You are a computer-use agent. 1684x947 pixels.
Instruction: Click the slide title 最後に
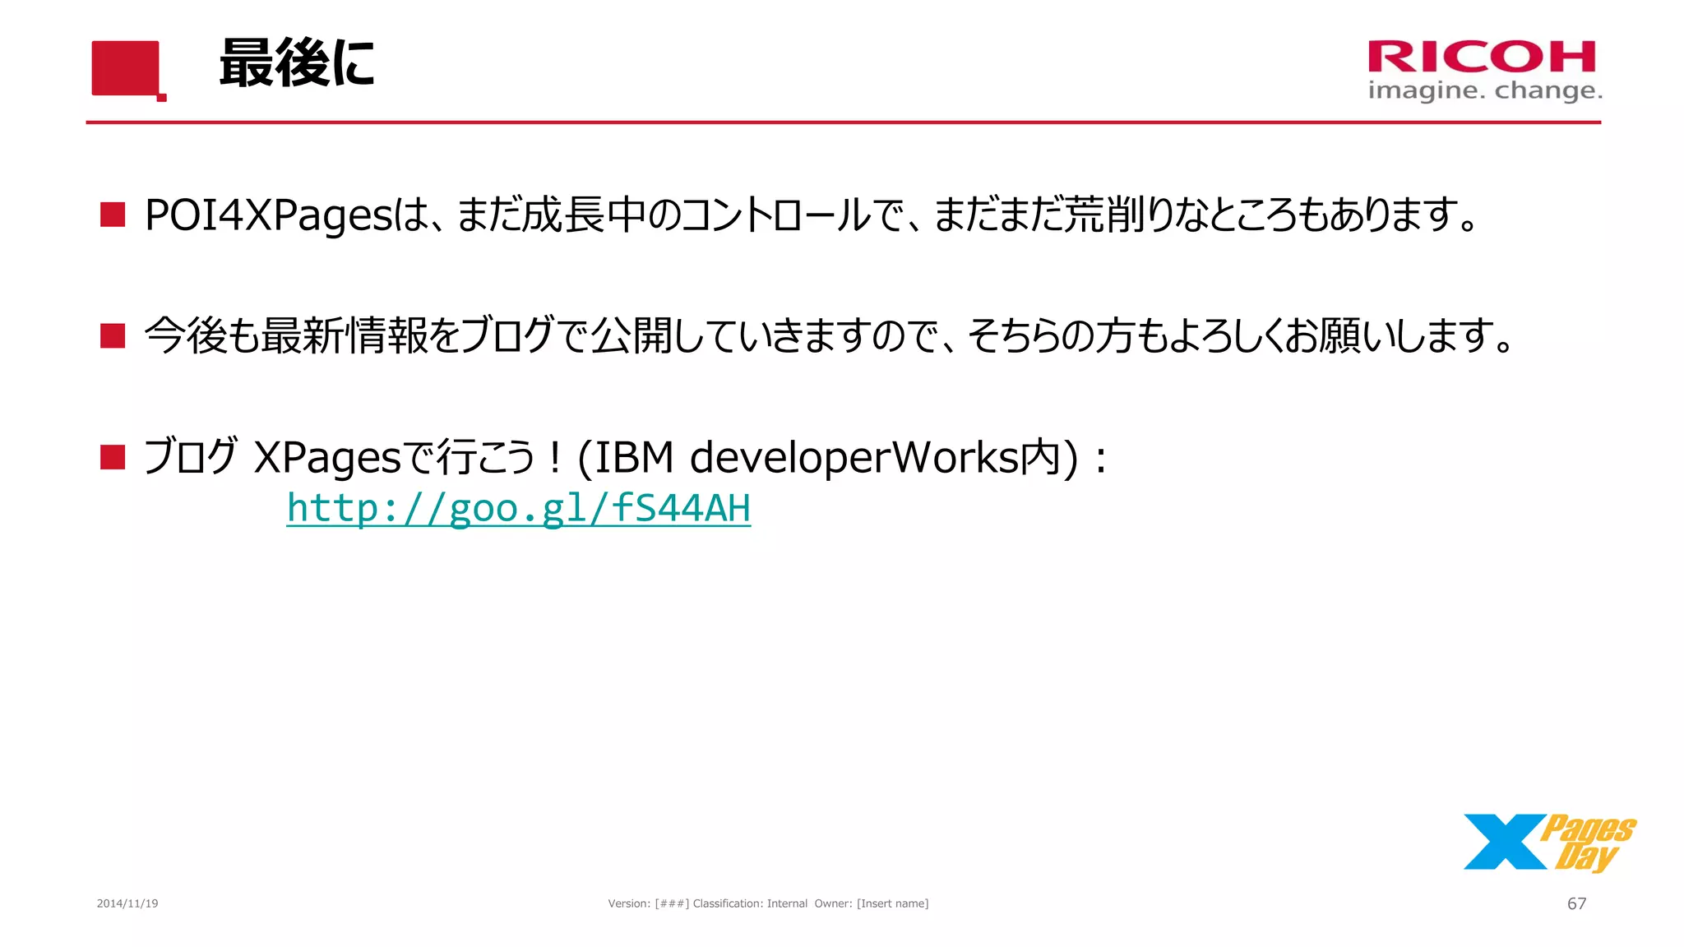[297, 64]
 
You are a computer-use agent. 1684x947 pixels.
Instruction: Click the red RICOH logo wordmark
[1482, 57]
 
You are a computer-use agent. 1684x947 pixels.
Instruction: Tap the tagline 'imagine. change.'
[1485, 90]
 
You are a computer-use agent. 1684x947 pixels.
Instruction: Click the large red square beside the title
[125, 68]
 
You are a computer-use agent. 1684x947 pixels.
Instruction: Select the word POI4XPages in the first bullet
[268, 215]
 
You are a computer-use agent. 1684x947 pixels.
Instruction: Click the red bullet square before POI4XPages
[113, 215]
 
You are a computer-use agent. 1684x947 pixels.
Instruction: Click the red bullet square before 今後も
[113, 335]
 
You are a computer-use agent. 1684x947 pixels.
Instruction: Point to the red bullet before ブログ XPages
[113, 457]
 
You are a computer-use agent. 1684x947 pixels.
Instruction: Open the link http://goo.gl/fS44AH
[518, 508]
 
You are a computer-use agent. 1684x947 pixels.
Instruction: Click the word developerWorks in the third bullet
[854, 457]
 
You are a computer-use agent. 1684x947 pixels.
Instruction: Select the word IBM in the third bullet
[634, 457]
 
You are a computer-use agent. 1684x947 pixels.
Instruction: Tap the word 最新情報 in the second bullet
[345, 335]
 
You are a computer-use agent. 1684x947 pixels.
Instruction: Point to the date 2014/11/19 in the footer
[127, 903]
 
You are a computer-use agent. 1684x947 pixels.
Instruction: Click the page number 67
[1576, 903]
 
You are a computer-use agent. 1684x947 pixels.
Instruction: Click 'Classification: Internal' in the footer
[750, 903]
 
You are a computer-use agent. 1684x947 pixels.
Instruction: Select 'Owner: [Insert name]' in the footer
[872, 903]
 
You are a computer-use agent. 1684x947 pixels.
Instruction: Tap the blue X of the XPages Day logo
[1504, 842]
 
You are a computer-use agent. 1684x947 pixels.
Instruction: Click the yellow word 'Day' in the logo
[1586, 856]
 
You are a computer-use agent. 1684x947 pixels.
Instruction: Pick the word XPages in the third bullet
[327, 457]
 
